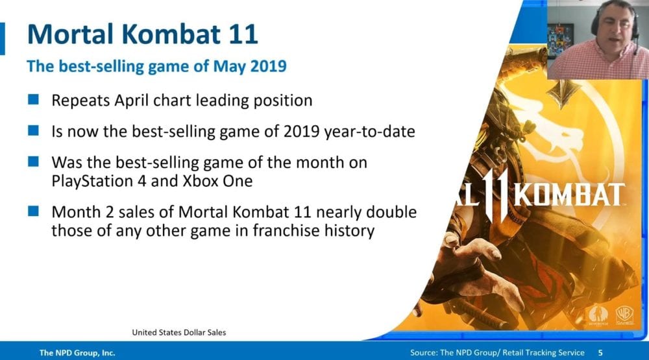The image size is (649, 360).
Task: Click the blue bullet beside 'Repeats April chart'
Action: (x=34, y=99)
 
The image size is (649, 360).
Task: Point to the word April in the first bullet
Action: (x=131, y=101)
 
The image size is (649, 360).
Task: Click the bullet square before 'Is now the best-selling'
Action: (x=34, y=130)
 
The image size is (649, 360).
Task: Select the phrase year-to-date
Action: (x=370, y=132)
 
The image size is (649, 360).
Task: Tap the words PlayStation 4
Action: (x=99, y=181)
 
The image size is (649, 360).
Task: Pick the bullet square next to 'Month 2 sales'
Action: (x=34, y=211)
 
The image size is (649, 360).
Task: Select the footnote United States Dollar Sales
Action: (x=179, y=332)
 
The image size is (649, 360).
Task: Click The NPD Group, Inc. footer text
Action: (x=77, y=353)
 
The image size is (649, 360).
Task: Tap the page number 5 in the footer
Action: (x=600, y=353)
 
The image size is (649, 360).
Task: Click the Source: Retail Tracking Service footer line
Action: (x=497, y=353)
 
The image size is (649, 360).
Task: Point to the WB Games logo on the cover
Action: (x=624, y=315)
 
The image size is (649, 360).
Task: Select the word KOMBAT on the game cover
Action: (x=570, y=195)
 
